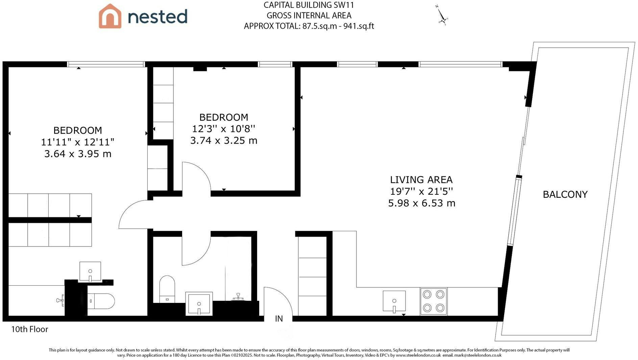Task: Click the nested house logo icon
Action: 110,16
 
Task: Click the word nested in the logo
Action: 157,16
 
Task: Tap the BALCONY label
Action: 565,194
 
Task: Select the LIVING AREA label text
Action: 421,179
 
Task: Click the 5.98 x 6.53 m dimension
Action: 422,203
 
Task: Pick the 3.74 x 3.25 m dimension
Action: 224,140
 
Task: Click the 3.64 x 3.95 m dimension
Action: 78,154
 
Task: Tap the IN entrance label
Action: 279,318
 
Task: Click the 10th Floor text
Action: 30,329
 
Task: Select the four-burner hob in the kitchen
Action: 434,301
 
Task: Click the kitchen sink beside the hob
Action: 394,301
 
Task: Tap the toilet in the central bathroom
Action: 167,289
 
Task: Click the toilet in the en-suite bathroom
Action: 101,301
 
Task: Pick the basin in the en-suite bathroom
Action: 90,271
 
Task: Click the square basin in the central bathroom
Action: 199,304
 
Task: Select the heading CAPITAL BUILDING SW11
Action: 309,5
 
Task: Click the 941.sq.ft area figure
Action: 359,26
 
